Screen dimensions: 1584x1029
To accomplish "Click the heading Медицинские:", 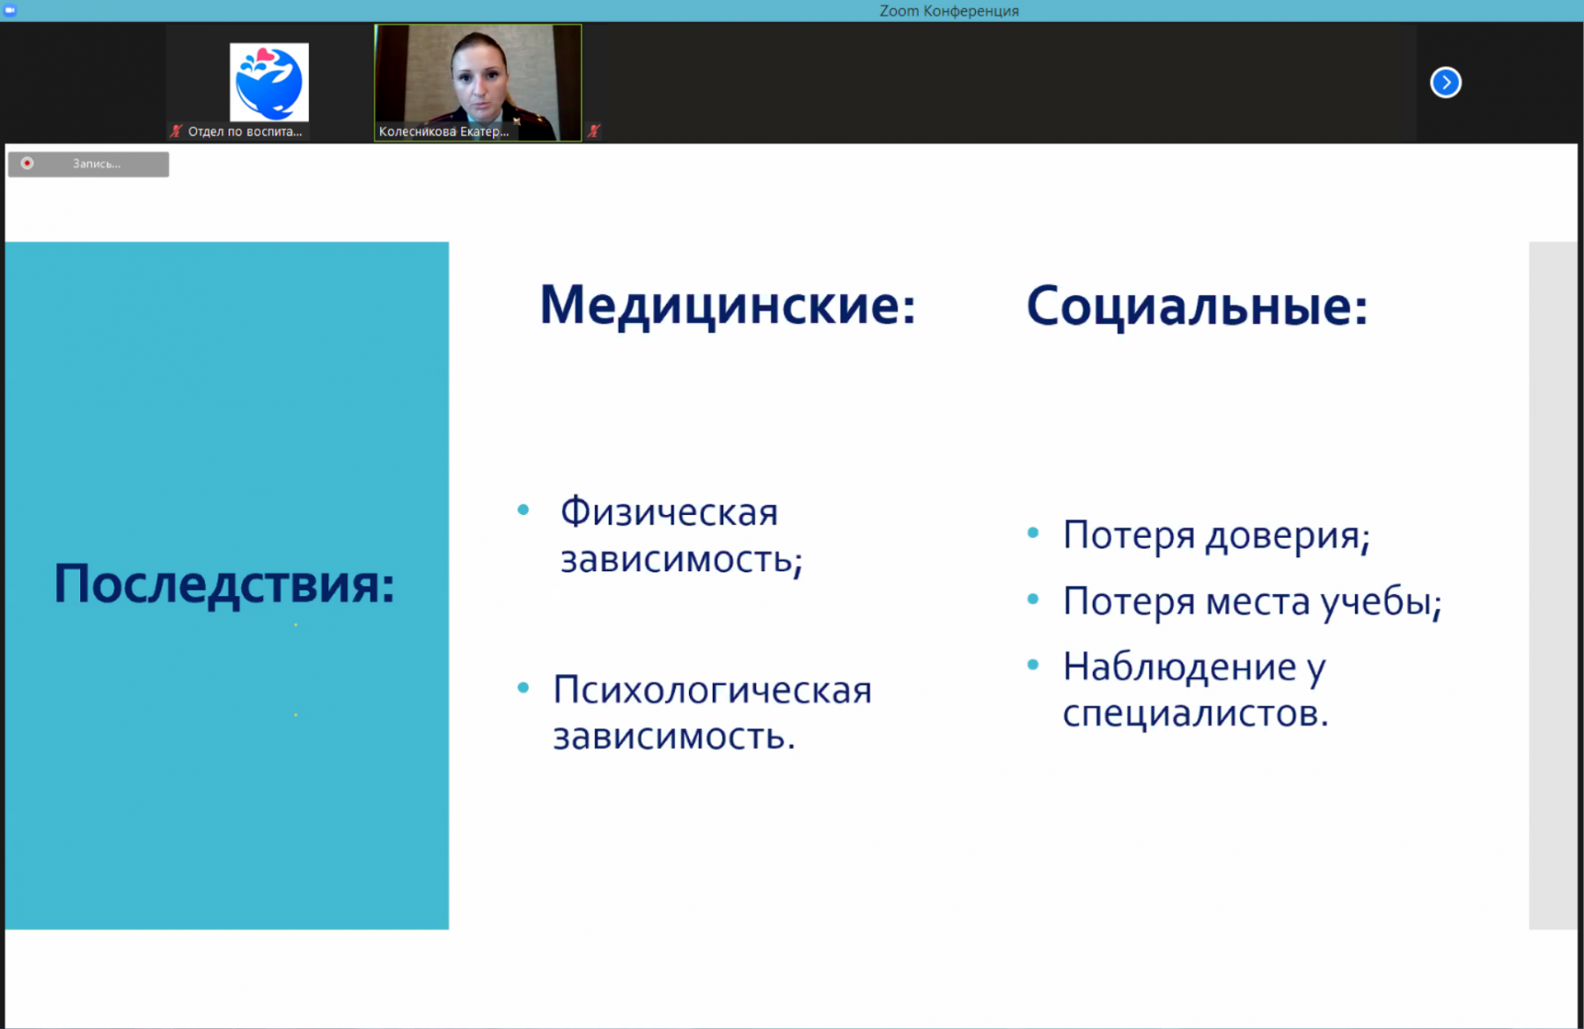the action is tap(728, 305).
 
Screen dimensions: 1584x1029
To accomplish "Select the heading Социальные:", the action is tap(1197, 306).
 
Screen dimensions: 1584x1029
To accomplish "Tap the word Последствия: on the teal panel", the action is tap(224, 584).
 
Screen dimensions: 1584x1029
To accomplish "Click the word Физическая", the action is tap(669, 512).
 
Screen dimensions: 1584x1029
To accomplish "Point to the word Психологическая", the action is tap(712, 690).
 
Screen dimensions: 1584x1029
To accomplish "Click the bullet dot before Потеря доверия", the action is tap(1033, 533).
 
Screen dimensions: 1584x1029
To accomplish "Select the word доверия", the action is tap(1287, 536).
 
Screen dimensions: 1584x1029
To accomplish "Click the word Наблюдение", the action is tap(1179, 667).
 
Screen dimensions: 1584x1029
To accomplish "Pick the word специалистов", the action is tap(1195, 714).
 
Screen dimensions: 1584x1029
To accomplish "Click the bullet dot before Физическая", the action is tap(524, 510).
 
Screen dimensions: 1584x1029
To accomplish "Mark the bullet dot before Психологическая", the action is tap(524, 687).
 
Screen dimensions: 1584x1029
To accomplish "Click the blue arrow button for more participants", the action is tap(1446, 83).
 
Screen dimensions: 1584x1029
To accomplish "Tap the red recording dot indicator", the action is tap(27, 164).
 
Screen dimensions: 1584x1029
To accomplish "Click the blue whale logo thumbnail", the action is tap(269, 82).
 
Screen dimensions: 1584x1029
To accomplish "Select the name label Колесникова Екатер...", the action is tap(444, 132).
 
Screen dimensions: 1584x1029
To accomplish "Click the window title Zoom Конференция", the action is tap(950, 11).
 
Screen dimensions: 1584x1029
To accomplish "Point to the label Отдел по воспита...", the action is tap(245, 132).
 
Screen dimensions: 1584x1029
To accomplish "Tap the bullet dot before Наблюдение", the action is tap(1033, 665).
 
